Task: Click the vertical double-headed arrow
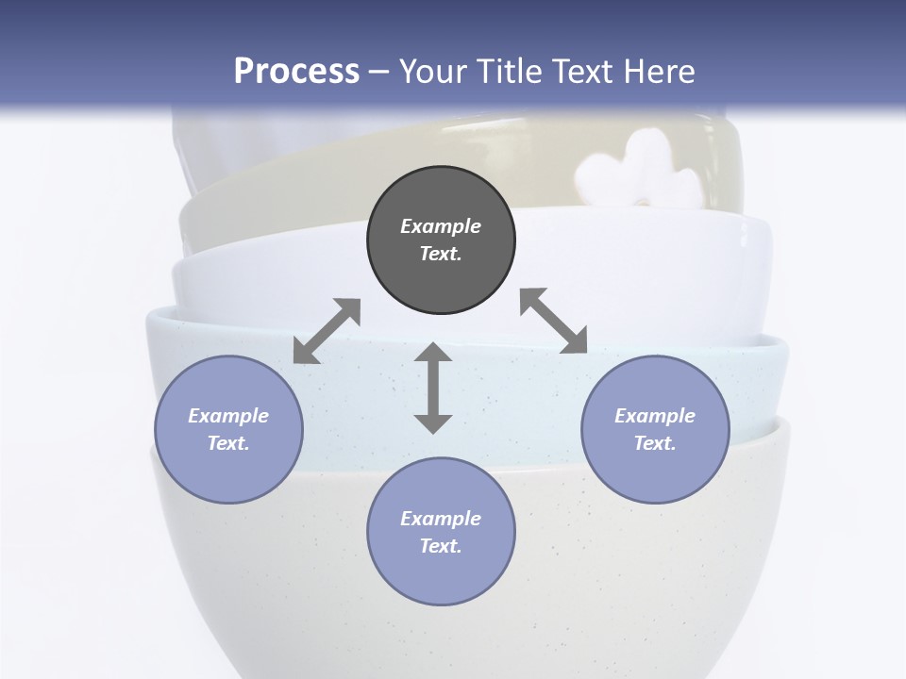click(x=433, y=388)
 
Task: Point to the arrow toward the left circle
click(x=327, y=331)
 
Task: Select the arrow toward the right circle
click(x=553, y=321)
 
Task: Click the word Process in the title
click(x=296, y=71)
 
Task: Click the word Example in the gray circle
click(x=441, y=226)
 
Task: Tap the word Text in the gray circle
click(x=441, y=254)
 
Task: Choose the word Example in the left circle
click(x=228, y=416)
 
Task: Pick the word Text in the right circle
click(x=655, y=443)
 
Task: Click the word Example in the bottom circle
click(x=441, y=519)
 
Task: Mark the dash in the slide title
click(x=379, y=72)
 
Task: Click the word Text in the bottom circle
click(x=441, y=546)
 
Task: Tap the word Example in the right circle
click(x=655, y=416)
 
